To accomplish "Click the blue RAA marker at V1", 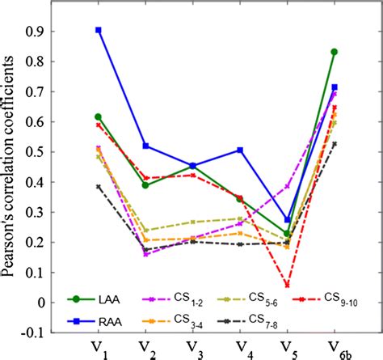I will (98, 30).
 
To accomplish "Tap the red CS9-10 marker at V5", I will (287, 285).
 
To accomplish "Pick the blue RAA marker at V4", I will (240, 150).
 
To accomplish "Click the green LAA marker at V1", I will (98, 117).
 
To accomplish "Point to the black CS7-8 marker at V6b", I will (335, 143).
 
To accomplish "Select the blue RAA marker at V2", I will (145, 146).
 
